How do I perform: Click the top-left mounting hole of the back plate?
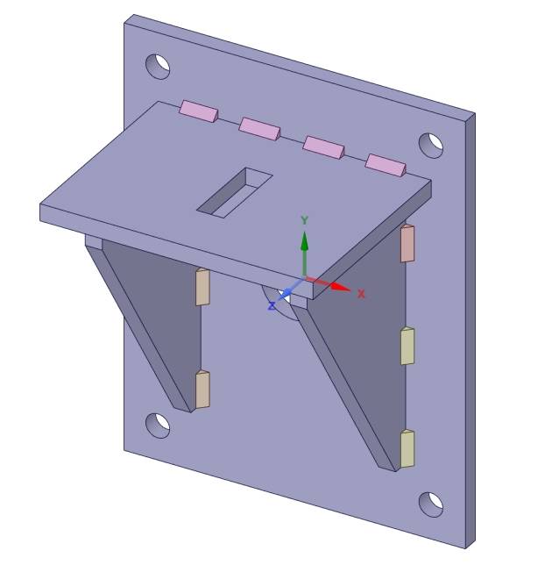[159, 66]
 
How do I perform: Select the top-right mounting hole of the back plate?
[431, 145]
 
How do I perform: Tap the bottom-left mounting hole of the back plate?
[158, 425]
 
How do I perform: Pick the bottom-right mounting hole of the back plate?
[431, 504]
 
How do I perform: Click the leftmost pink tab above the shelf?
[198, 111]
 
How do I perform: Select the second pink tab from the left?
[259, 128]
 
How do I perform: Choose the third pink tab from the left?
[322, 147]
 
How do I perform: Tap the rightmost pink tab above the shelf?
[386, 164]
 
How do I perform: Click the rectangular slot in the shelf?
[234, 192]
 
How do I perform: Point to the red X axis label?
[361, 294]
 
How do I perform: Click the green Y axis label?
[304, 220]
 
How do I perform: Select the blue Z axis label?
[272, 305]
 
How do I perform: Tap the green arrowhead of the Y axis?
[304, 240]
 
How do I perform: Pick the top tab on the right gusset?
[407, 243]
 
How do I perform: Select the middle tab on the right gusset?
[407, 346]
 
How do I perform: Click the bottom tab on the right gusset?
[407, 448]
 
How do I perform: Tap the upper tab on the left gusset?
[202, 287]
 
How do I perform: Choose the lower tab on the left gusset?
[202, 390]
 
